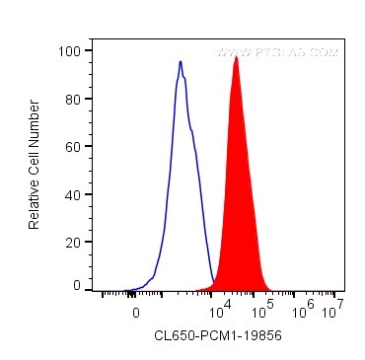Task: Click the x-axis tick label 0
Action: coord(136,311)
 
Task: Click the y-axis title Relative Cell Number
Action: coord(34,168)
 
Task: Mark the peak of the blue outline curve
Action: coord(181,62)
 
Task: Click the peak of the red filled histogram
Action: coord(237,58)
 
